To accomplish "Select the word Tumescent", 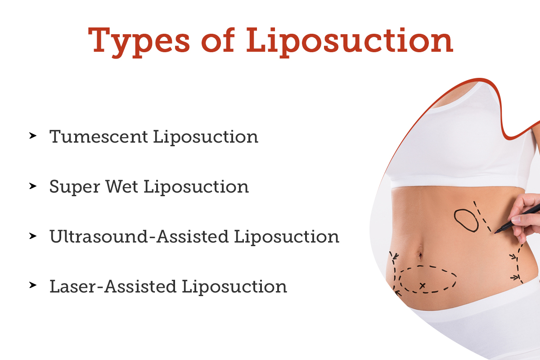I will (x=99, y=136).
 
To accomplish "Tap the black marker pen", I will (x=517, y=218).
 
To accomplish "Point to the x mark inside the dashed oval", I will (x=422, y=285).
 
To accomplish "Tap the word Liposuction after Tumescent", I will (x=206, y=136).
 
